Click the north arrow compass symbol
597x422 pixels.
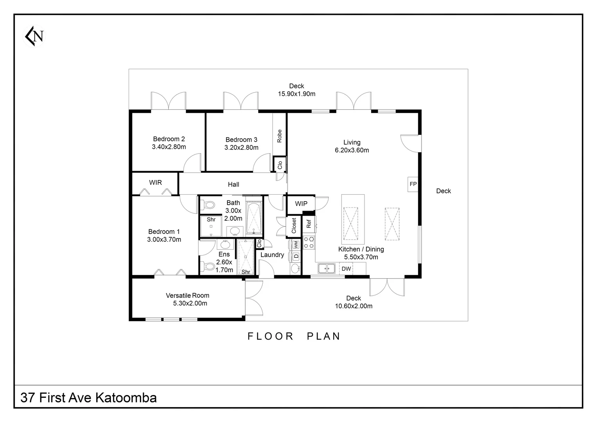(35, 36)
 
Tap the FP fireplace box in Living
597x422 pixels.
(413, 184)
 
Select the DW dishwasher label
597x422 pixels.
(346, 269)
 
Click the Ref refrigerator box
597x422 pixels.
(309, 224)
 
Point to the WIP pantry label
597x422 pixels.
(301, 204)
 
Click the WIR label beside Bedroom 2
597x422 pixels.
(155, 182)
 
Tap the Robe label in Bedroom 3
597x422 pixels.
(279, 136)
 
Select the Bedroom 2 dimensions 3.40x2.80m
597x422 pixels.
(169, 147)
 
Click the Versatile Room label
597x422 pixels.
(188, 295)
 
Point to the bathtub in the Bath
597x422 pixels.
(254, 218)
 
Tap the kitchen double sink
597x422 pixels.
(326, 268)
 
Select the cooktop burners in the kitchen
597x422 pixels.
(309, 242)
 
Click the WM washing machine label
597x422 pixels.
(296, 245)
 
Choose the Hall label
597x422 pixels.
(233, 184)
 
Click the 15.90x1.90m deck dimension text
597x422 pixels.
(297, 94)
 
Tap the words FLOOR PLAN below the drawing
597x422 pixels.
(294, 336)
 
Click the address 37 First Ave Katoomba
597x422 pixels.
(89, 397)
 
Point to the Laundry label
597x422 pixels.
(272, 255)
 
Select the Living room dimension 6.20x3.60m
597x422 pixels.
(352, 150)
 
